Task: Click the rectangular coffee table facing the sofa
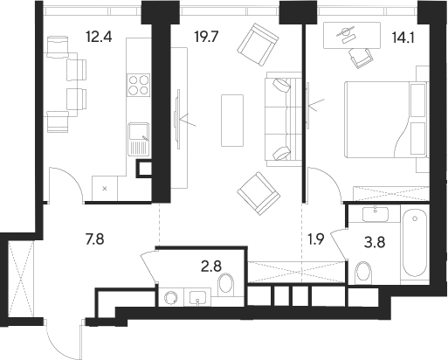pyautogui.click(x=231, y=118)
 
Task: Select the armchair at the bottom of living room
pyautogui.click(x=259, y=194)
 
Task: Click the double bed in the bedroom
pyautogui.click(x=385, y=119)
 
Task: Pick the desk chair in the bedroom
pyautogui.click(x=358, y=56)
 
